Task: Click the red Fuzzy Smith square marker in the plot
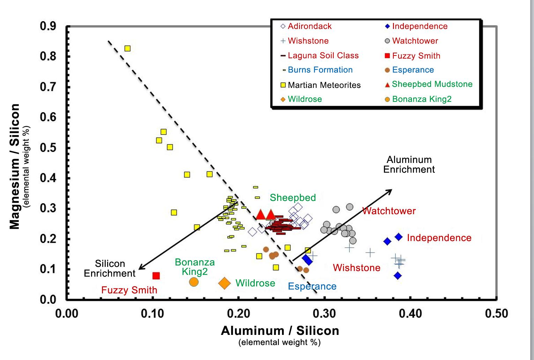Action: pyautogui.click(x=156, y=276)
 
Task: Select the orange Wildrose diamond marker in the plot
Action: pyautogui.click(x=224, y=283)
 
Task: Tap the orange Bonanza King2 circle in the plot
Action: pyautogui.click(x=194, y=282)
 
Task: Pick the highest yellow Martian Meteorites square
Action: pyautogui.click(x=127, y=48)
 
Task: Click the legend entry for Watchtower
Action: pyautogui.click(x=411, y=41)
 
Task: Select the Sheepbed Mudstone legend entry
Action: pyautogui.click(x=428, y=84)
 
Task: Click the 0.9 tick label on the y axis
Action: pyautogui.click(x=47, y=26)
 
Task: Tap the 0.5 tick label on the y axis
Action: pyautogui.click(x=47, y=148)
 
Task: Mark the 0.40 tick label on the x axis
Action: pyautogui.click(x=410, y=314)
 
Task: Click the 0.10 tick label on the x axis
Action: pyautogui.click(x=153, y=314)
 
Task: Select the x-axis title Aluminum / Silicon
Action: pyautogui.click(x=280, y=331)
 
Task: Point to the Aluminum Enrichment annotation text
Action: pyautogui.click(x=409, y=165)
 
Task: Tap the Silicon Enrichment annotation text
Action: pyautogui.click(x=110, y=268)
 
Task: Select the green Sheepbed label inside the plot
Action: pyautogui.click(x=292, y=197)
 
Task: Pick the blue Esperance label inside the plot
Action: pyautogui.click(x=312, y=286)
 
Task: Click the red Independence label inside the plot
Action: pyautogui.click(x=439, y=238)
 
